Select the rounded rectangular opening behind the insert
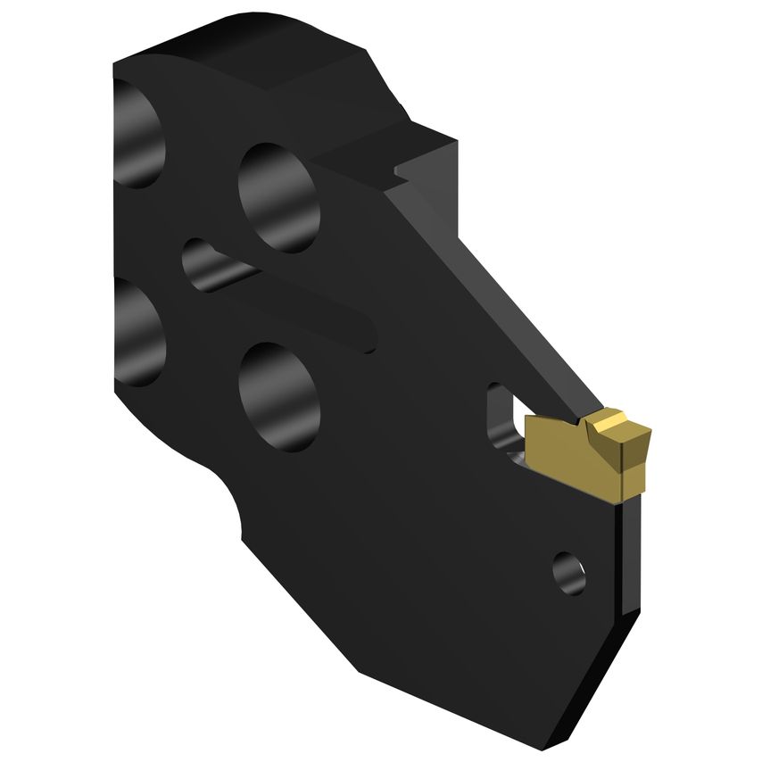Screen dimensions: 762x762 point(501,419)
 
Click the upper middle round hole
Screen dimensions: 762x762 point(278,196)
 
